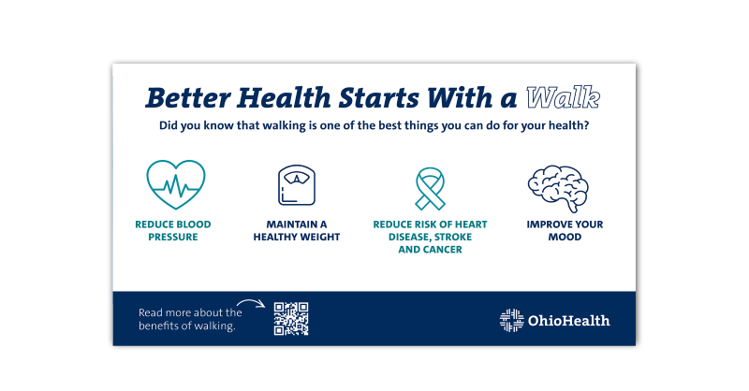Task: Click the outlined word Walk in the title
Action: (562, 98)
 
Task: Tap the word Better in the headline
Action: (188, 98)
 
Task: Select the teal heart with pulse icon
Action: (175, 184)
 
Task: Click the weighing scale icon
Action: (296, 185)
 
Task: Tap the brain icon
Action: (557, 184)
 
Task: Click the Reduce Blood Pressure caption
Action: (173, 231)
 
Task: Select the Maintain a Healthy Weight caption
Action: (297, 231)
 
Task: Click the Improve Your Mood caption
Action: (565, 231)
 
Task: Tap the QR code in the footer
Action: (291, 318)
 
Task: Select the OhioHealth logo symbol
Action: (511, 320)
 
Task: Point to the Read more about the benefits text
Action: (190, 319)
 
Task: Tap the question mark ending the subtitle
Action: (586, 125)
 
